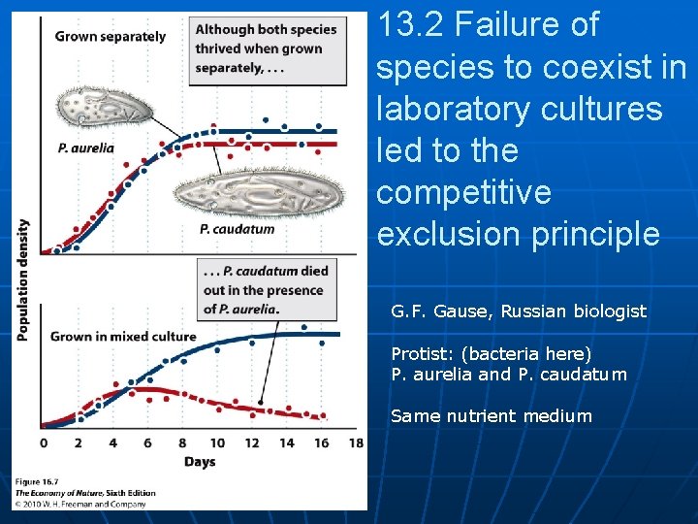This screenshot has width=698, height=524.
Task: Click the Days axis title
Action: coord(199,462)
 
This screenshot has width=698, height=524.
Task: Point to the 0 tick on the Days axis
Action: coord(43,443)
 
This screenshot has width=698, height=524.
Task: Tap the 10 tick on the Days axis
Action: coord(217,443)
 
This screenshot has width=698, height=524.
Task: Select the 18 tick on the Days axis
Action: coord(356,443)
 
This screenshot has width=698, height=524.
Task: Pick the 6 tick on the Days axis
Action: coord(147,443)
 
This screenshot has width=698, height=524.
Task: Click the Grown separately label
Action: coord(111,37)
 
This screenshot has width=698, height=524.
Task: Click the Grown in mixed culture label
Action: coord(123,337)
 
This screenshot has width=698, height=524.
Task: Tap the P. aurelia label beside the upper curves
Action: coord(85,148)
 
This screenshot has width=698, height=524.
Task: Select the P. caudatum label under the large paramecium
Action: coord(237,230)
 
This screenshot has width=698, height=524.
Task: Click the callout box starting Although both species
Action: coord(267,49)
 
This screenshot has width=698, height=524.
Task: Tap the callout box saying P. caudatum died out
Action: coord(267,289)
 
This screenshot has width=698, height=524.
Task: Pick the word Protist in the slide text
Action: coord(418,353)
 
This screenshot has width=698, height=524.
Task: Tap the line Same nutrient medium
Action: coord(491,416)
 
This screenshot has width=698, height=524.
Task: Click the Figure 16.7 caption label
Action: coord(37,482)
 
